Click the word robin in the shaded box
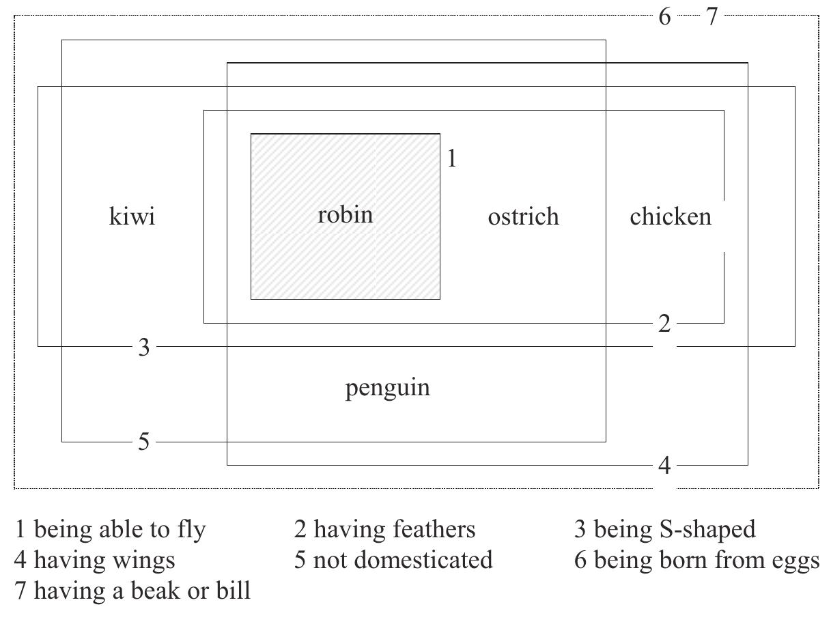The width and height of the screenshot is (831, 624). [x=346, y=215]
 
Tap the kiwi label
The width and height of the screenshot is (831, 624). [x=132, y=216]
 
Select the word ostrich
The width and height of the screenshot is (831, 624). [x=523, y=216]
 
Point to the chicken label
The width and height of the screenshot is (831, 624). [x=670, y=216]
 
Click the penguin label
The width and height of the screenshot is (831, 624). [x=387, y=388]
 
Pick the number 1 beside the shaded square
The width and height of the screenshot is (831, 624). [x=451, y=158]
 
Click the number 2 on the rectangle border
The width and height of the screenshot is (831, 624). [x=664, y=324]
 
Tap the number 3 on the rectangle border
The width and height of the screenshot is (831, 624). [x=143, y=348]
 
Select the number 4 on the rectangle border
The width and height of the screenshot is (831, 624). [x=664, y=466]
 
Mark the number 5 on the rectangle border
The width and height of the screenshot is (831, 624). [x=143, y=442]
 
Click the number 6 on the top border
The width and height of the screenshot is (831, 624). [x=664, y=16]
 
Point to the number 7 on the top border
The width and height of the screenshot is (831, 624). [x=712, y=16]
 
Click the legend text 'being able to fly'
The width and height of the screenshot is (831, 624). [x=119, y=529]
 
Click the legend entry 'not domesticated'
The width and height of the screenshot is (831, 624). [x=402, y=560]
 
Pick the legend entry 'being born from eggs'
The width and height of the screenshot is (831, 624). [x=706, y=560]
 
